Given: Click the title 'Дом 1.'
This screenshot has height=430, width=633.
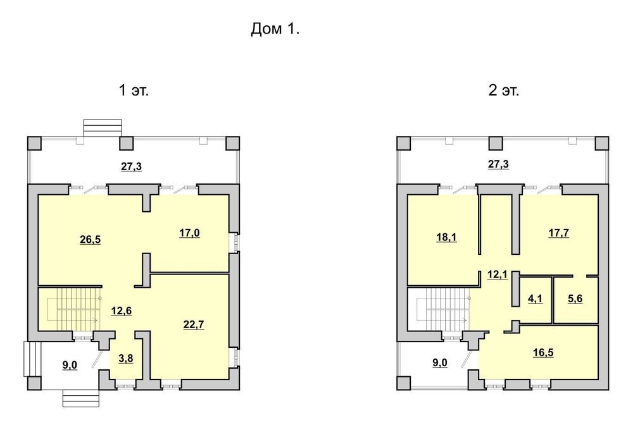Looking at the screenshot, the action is [275, 29].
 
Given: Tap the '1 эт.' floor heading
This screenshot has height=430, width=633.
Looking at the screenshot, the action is [134, 90].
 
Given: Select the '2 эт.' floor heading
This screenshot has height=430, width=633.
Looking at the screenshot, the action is [503, 90].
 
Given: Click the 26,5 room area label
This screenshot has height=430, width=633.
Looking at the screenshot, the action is [91, 240].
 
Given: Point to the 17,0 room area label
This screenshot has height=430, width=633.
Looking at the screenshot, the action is [189, 233].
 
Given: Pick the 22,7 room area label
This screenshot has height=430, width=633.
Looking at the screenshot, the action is [194, 325].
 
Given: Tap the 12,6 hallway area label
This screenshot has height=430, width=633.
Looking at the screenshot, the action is [122, 311].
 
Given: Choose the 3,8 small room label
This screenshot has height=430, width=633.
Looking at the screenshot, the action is [125, 359].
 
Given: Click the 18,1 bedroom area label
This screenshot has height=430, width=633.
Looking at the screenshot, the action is [446, 237].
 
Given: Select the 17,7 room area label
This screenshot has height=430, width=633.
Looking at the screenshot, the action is [559, 233].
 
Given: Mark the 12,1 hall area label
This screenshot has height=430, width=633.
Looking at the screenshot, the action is [498, 275].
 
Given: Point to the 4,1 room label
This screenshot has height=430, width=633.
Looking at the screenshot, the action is [536, 299].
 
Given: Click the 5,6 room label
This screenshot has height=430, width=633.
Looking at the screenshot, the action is [575, 299].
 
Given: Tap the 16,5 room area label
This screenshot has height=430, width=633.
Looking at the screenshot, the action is [543, 353].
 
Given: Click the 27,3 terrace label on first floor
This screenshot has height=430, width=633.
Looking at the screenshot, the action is [132, 166].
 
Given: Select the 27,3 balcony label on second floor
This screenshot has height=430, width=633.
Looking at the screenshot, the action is [499, 164].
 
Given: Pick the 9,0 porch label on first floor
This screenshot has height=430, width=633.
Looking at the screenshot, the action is [70, 365].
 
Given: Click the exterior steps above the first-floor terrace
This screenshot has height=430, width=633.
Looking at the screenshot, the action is [103, 128].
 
